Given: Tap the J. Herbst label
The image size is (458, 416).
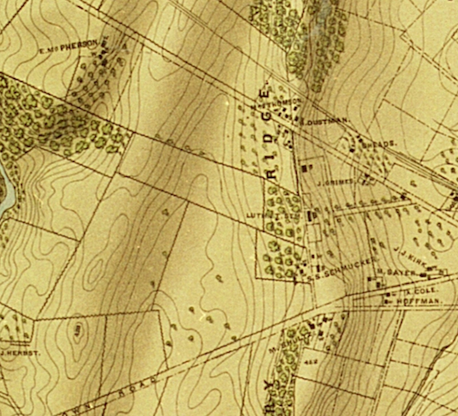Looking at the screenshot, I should tap(20, 353).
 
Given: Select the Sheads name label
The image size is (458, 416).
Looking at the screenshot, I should tap(379, 144).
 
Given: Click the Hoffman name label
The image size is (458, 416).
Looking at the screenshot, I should tap(420, 301).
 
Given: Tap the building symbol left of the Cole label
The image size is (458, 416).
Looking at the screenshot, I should tap(388, 294).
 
